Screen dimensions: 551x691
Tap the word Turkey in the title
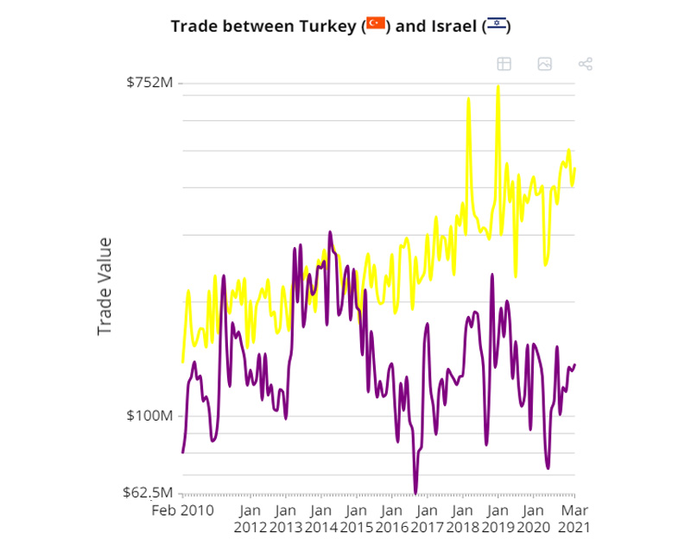[328, 25]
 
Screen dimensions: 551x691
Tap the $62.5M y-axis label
[149, 493]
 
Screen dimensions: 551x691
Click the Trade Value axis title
[105, 286]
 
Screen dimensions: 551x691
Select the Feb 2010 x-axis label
[184, 510]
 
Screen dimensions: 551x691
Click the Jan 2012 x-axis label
[250, 517]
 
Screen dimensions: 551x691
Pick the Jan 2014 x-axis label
[321, 517]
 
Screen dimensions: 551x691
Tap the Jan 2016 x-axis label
[392, 517]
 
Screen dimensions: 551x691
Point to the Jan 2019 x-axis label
[498, 517]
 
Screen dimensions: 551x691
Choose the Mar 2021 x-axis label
[574, 517]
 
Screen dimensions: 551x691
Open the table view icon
[504, 64]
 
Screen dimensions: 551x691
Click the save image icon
[544, 64]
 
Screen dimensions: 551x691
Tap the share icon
[585, 64]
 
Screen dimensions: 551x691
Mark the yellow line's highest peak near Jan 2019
[498, 86]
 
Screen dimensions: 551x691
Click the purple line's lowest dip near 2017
[415, 492]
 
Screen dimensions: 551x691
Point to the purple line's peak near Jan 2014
[330, 232]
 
